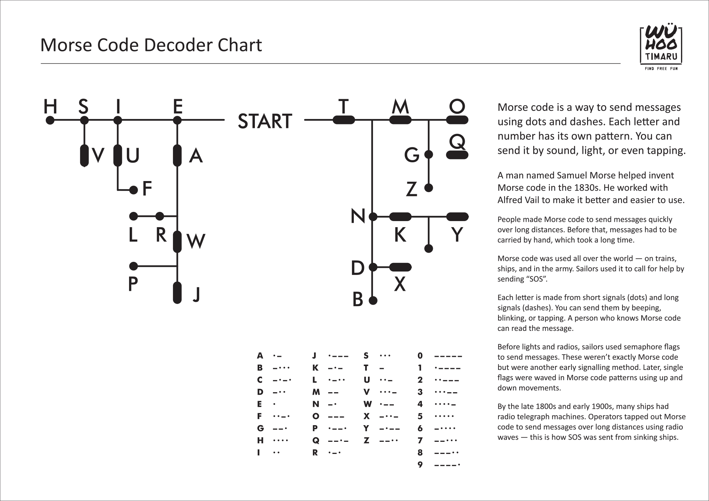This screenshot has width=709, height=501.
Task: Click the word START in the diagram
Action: (x=265, y=121)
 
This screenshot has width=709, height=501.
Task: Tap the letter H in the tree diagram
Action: (x=50, y=106)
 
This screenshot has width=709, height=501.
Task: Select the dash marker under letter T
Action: (x=344, y=120)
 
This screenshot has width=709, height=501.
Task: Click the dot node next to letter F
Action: (x=133, y=190)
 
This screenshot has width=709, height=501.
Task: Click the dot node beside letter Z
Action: (x=429, y=188)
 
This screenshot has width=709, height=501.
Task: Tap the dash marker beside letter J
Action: (x=177, y=293)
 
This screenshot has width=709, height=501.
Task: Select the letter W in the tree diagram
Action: (x=195, y=241)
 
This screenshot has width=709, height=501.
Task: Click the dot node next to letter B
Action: (x=373, y=301)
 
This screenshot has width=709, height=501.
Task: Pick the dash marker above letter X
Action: (x=400, y=267)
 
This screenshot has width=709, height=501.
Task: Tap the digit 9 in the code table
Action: (x=420, y=465)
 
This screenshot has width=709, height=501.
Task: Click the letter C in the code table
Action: (x=260, y=380)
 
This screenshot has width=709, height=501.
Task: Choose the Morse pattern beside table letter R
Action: (x=334, y=453)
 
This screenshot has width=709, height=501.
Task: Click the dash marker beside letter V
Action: (x=84, y=156)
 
